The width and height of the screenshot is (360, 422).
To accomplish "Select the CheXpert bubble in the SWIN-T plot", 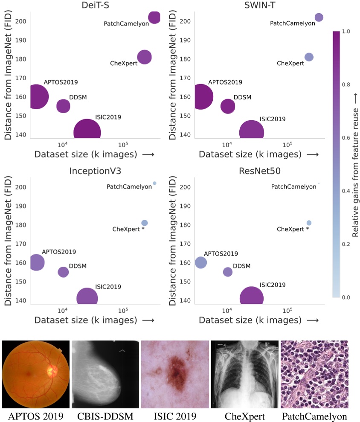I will point(309,57).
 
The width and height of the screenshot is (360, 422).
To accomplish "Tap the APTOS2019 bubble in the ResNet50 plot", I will point(200,262).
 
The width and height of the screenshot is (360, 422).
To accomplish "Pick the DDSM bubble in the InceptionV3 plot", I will point(63,272).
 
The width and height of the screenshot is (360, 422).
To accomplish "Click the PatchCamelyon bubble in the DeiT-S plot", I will point(154,17).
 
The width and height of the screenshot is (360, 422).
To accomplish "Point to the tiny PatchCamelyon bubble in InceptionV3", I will point(154,183).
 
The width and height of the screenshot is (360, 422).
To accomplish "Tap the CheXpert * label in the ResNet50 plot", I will point(293,229).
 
